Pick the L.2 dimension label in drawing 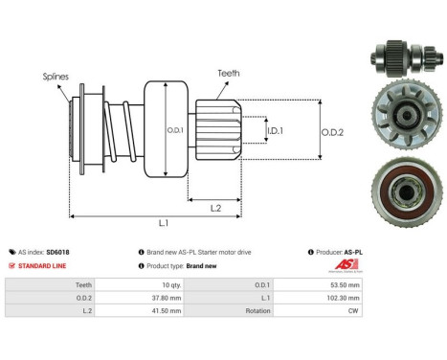(216, 208)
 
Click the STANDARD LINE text (43, 265)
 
